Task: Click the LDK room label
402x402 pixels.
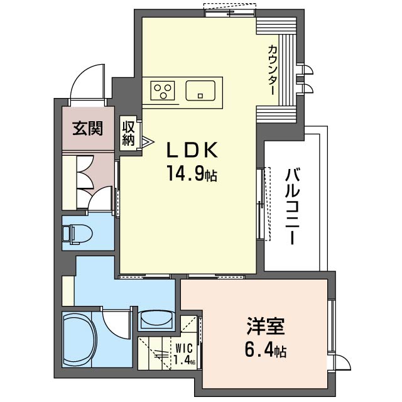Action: point(192,150)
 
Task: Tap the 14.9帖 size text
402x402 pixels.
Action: point(192,173)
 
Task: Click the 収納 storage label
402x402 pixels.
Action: point(129,133)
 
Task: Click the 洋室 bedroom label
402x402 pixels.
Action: point(265,327)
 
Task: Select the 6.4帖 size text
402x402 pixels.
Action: point(265,349)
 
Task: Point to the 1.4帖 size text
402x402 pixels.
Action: point(184,360)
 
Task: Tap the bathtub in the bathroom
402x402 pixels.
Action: point(78,339)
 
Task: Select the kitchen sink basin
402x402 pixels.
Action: point(200,91)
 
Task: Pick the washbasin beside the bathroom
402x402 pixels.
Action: point(155,320)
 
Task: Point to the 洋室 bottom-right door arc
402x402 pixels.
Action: point(340,363)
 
